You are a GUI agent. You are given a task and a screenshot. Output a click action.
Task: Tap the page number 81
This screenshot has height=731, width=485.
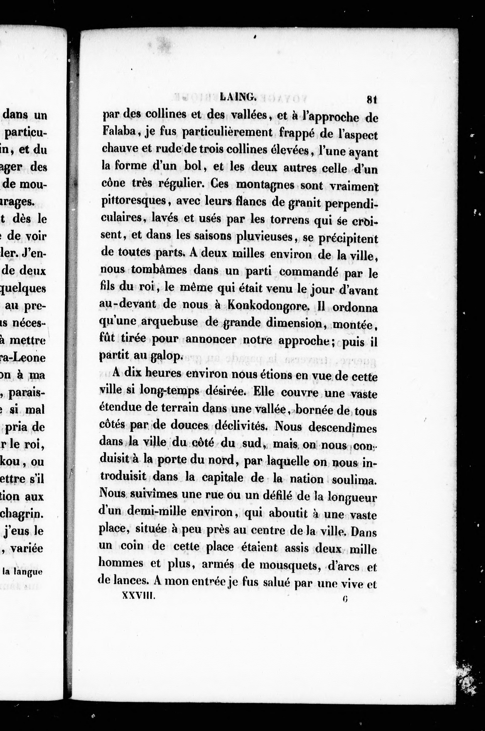coord(371,100)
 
